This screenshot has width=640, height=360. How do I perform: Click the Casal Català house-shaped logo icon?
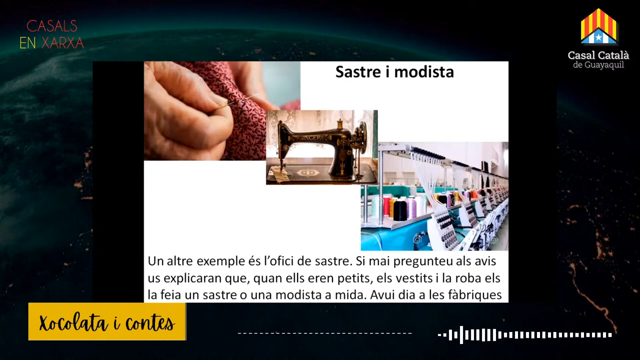(x=598, y=26)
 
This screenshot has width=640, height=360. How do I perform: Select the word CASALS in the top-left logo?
(x=51, y=26)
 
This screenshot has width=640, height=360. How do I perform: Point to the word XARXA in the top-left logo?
(x=62, y=43)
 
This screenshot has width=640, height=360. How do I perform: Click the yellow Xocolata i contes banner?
(x=107, y=321)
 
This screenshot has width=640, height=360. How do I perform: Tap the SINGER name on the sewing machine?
(x=311, y=138)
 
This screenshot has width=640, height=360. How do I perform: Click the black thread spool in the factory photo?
(x=400, y=210)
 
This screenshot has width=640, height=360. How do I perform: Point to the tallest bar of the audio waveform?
(x=461, y=335)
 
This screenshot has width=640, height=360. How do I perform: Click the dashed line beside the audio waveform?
(x=325, y=333)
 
